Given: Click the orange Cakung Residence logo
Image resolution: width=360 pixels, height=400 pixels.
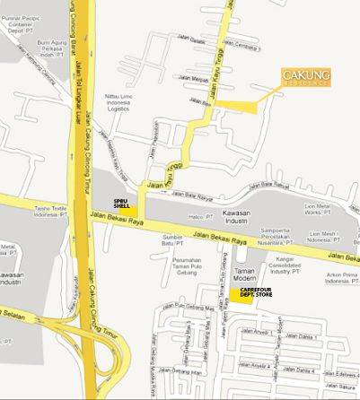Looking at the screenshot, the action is (306, 77).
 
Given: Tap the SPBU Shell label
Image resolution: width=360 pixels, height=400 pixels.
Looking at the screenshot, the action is (119, 202).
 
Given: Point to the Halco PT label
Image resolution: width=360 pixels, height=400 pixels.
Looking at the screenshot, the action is (202, 216).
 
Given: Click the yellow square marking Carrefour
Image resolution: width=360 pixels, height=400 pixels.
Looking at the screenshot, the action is (234, 295).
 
